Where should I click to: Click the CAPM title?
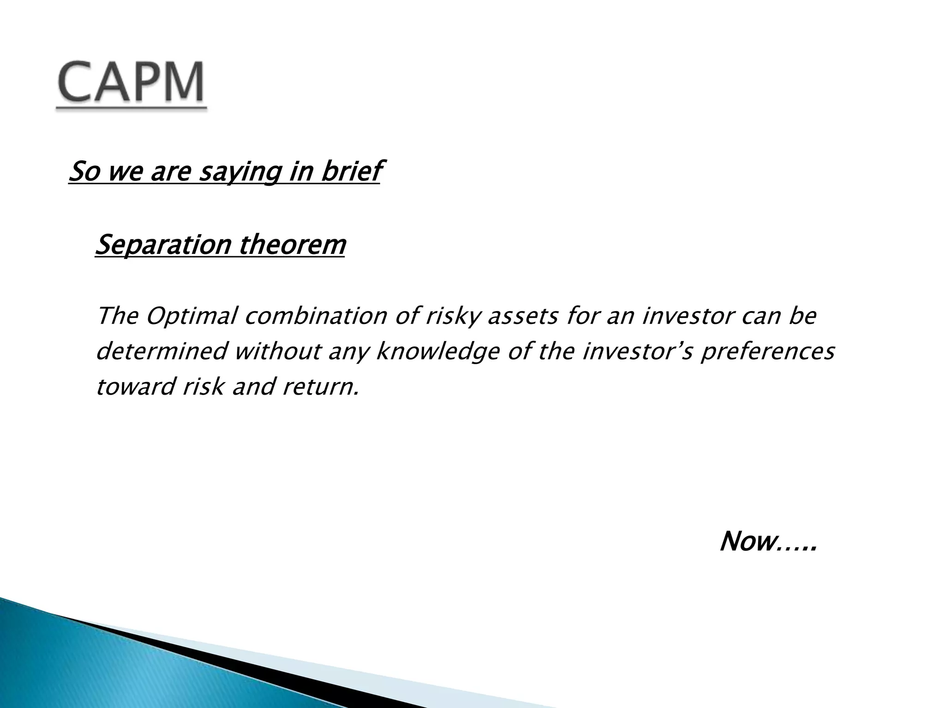point(131,83)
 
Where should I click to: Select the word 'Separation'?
point(162,245)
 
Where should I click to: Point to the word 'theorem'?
point(292,245)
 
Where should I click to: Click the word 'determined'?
point(162,352)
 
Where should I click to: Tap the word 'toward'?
point(136,387)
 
